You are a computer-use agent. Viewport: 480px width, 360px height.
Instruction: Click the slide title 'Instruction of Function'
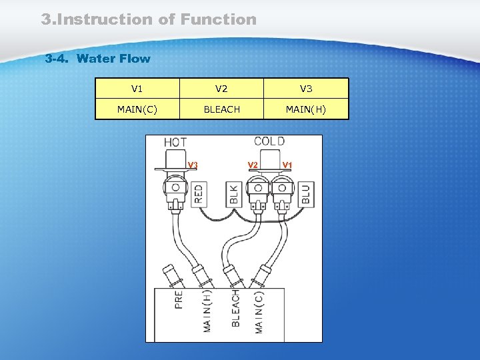click(x=149, y=19)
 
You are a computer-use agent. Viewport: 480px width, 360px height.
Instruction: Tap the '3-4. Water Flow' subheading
click(x=98, y=59)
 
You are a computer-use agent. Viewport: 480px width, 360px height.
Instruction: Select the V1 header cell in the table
click(x=137, y=89)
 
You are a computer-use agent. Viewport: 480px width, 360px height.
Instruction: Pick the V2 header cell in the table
click(x=221, y=89)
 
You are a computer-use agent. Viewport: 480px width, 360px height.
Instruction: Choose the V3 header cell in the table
click(x=306, y=89)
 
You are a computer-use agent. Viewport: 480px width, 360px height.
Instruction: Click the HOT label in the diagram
click(x=175, y=142)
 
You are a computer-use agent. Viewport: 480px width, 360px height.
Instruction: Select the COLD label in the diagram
click(x=269, y=141)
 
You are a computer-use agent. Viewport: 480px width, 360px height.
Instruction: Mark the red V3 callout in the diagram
click(x=192, y=165)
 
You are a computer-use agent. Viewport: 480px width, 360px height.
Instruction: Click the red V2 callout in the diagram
click(x=253, y=165)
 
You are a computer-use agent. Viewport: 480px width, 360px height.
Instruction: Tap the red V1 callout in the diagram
click(x=288, y=165)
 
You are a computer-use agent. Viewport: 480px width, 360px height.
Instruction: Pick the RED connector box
click(x=199, y=194)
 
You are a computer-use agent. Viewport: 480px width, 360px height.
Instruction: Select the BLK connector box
click(x=234, y=194)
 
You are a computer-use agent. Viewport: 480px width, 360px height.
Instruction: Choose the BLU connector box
click(x=306, y=194)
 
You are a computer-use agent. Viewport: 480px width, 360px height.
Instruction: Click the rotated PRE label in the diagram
click(x=179, y=298)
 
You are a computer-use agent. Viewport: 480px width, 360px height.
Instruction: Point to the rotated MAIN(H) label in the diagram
click(x=207, y=311)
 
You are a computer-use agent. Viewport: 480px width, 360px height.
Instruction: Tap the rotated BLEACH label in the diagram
click(x=235, y=308)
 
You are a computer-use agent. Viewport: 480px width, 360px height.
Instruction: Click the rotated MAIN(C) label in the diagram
click(x=259, y=311)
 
